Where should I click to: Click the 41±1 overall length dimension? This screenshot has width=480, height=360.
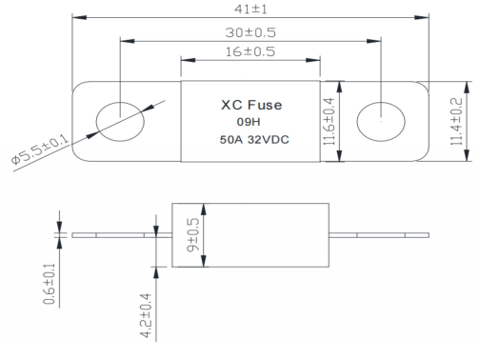pyautogui.click(x=250, y=9)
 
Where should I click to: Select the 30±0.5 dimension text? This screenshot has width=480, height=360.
pyautogui.click(x=250, y=32)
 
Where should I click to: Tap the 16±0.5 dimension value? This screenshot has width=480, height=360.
pyautogui.click(x=250, y=51)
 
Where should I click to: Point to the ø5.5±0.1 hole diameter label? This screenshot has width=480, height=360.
pyautogui.click(x=40, y=150)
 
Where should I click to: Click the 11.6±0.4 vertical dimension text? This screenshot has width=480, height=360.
pyautogui.click(x=329, y=122)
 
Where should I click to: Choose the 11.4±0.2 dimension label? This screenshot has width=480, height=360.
pyautogui.click(x=456, y=122)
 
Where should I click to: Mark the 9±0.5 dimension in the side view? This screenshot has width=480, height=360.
pyautogui.click(x=193, y=235)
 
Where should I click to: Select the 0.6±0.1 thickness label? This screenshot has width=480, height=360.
pyautogui.click(x=50, y=284)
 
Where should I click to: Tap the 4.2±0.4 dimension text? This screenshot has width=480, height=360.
pyautogui.click(x=146, y=315)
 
